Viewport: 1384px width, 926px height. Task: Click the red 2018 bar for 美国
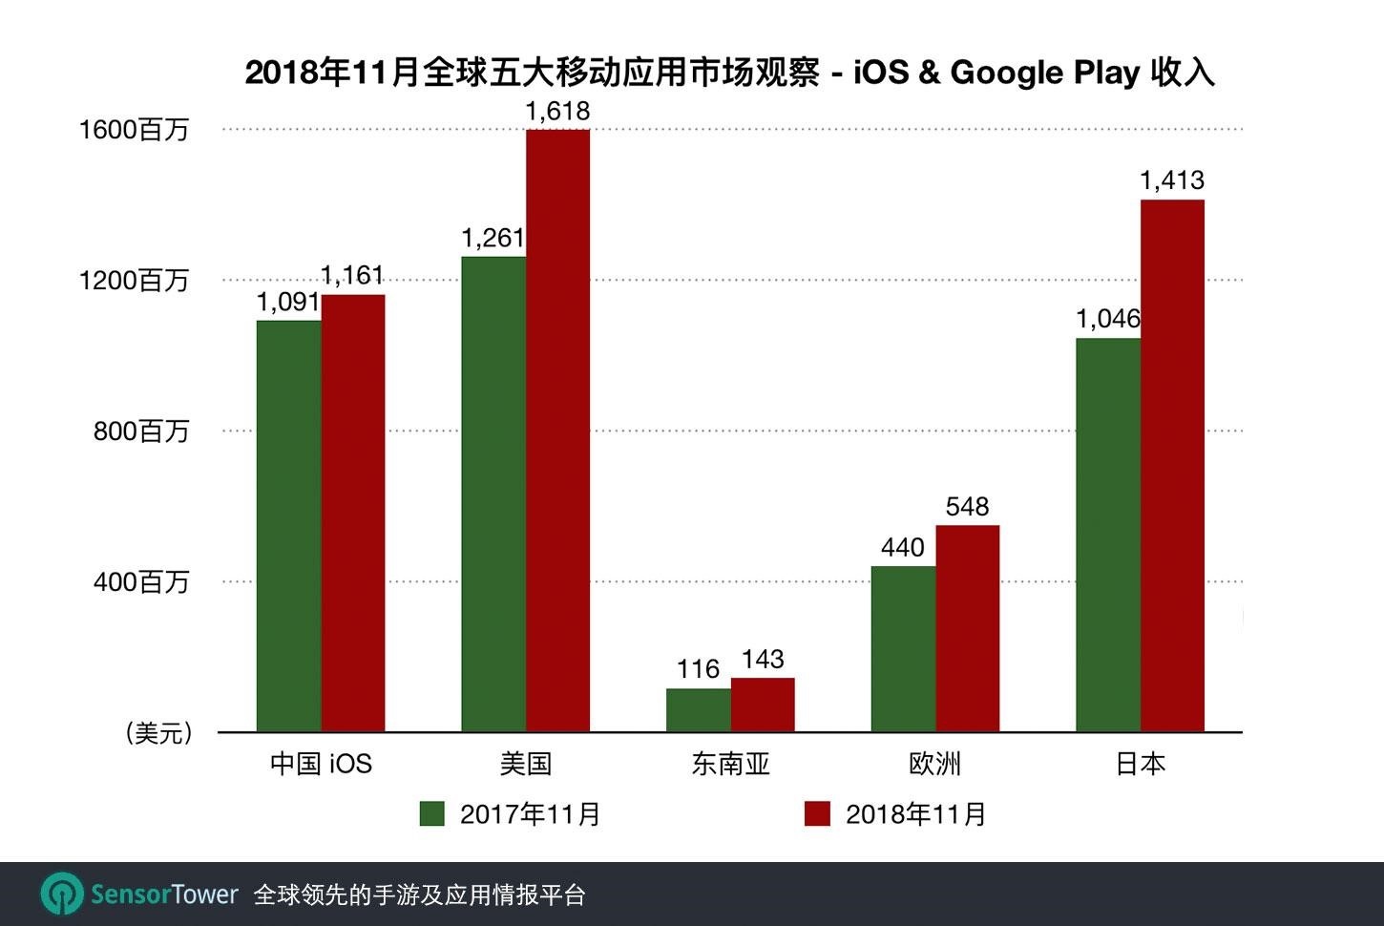(557, 430)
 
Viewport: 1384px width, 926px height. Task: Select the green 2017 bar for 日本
(1107, 535)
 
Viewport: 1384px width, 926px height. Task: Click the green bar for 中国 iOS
(288, 525)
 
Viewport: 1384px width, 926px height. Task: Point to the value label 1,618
(557, 112)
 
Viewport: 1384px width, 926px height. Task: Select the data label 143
(763, 659)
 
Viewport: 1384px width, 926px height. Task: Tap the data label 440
(902, 547)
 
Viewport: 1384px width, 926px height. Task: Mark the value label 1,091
(287, 303)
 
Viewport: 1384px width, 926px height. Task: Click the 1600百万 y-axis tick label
(134, 130)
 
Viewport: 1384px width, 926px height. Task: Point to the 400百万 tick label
(140, 581)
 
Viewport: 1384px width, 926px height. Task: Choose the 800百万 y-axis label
(140, 431)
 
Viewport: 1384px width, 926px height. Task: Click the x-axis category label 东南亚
(730, 764)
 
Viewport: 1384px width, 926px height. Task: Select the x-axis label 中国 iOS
(321, 764)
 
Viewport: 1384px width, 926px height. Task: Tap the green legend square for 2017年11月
(432, 813)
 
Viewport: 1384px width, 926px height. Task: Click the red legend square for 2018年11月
(817, 813)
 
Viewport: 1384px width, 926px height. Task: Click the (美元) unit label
(158, 733)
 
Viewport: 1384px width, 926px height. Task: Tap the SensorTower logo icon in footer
(62, 894)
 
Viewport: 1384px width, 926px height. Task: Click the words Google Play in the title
(1044, 73)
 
